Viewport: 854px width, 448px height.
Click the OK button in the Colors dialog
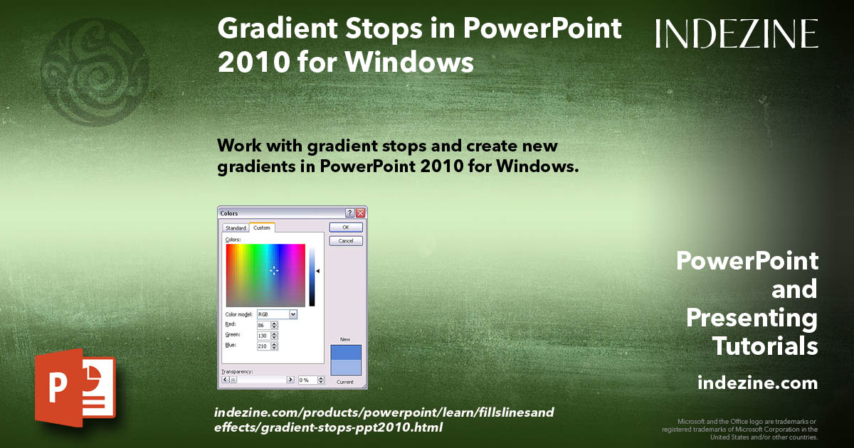click(346, 228)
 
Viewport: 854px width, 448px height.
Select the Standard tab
click(236, 228)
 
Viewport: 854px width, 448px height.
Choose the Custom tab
click(262, 228)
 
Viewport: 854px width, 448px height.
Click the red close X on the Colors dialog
click(361, 213)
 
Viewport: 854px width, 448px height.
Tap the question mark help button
click(349, 213)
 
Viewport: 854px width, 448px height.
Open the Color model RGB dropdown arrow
click(293, 314)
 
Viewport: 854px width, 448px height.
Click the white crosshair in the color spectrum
click(274, 270)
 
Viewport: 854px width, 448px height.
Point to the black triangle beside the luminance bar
click(318, 271)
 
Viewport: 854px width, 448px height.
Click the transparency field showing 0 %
click(305, 380)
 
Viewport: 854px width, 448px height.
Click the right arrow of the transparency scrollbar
click(290, 380)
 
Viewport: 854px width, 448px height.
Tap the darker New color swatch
click(346, 352)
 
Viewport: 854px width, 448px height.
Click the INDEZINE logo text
click(737, 33)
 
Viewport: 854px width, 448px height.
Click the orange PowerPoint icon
click(75, 387)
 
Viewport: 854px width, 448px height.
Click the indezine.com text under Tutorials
click(757, 383)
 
